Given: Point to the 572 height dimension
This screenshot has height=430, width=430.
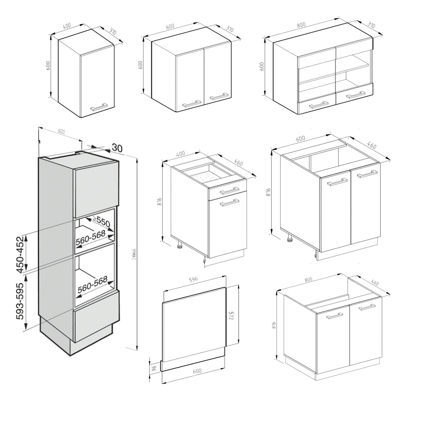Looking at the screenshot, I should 231,316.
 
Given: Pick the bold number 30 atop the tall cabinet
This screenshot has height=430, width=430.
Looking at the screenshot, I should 117,147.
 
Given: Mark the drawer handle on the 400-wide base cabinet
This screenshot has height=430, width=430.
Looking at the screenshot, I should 230,190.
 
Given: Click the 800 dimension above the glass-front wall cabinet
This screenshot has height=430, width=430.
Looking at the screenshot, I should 301,25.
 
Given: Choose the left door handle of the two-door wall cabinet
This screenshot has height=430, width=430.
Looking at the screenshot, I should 192,103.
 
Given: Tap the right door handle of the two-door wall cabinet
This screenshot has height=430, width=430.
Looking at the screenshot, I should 219,97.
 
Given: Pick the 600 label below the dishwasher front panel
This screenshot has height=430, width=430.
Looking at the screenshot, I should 197,371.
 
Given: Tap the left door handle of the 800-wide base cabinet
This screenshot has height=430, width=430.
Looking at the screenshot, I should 335,316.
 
